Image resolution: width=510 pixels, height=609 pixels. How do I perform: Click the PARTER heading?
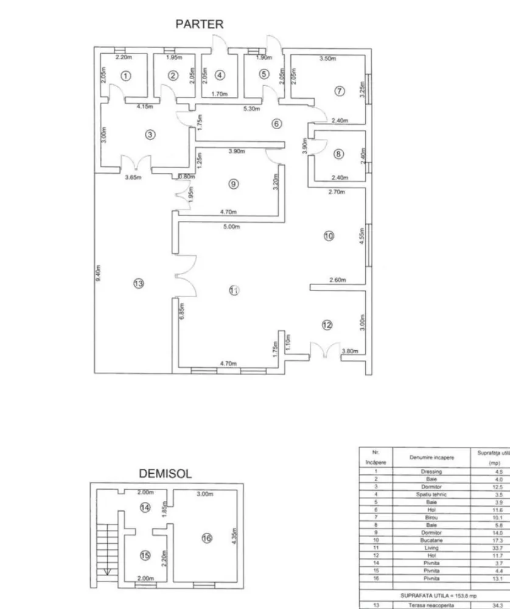[x=200, y=24]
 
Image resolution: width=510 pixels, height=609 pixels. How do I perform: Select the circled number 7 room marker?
[x=340, y=91]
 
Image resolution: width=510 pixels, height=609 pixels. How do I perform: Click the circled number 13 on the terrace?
[x=139, y=283]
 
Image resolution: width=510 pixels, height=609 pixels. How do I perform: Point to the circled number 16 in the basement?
[x=206, y=538]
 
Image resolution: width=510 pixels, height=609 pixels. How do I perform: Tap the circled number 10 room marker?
[x=329, y=236]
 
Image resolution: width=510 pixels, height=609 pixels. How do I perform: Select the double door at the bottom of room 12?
[x=324, y=351]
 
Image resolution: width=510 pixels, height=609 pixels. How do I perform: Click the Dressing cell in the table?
[x=431, y=471]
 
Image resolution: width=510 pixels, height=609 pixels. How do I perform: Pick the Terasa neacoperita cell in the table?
[x=431, y=605]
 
